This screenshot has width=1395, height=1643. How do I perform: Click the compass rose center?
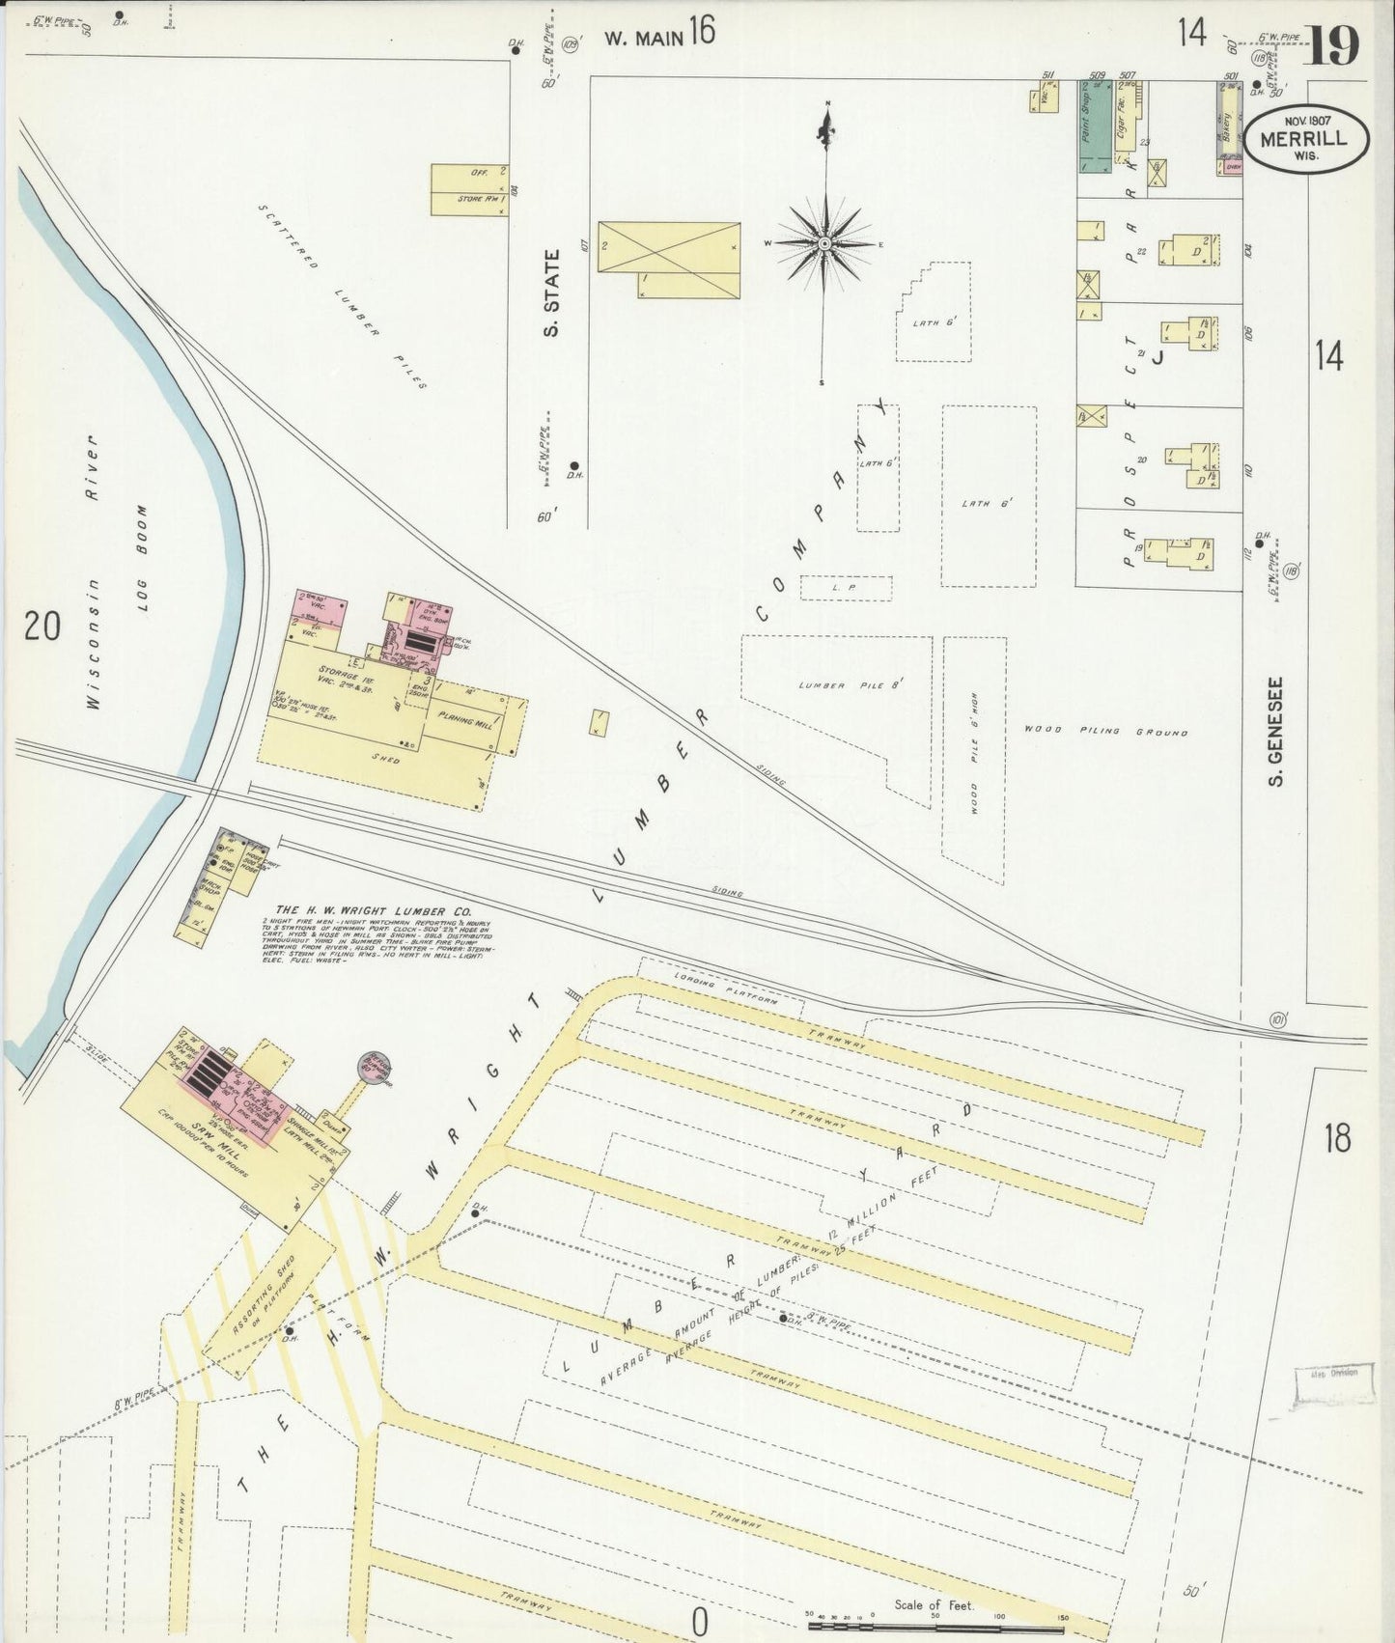click(x=825, y=244)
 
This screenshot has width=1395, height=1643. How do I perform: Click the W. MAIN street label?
click(x=645, y=38)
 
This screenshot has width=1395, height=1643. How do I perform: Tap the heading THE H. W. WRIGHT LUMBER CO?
click(x=374, y=910)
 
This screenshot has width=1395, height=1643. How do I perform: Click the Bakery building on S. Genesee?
click(x=1228, y=125)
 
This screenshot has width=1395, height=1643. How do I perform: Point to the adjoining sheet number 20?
click(x=42, y=627)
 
